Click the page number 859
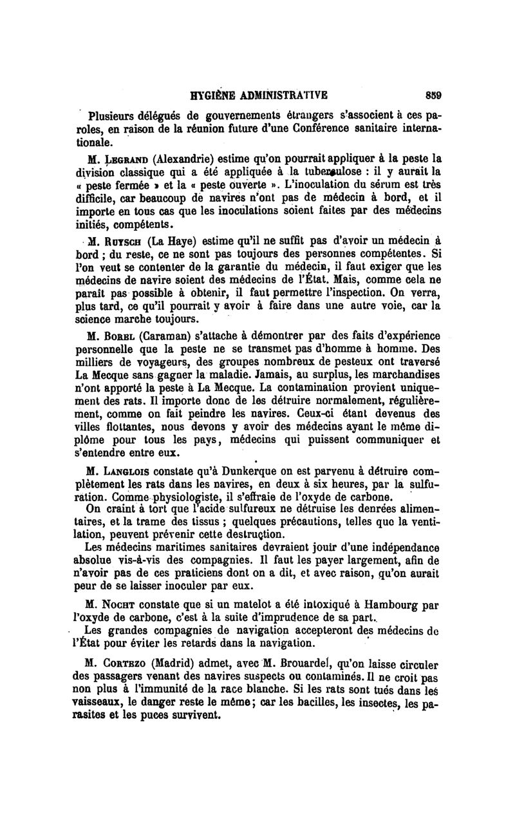pyautogui.click(x=433, y=95)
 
